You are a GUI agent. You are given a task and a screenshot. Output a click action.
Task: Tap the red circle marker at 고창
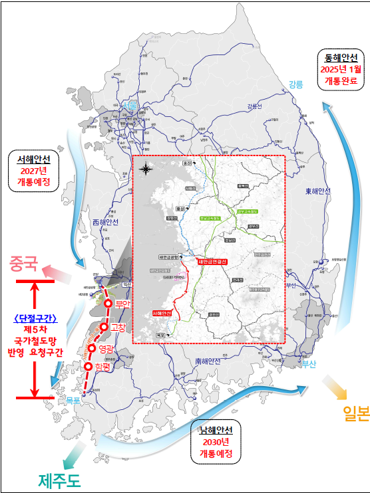click(x=104, y=327)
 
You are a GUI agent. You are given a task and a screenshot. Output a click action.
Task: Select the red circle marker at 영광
click(x=92, y=348)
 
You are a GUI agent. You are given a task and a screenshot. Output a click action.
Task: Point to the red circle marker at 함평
click(x=88, y=365)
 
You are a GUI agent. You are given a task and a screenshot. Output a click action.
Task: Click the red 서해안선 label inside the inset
click(x=162, y=312)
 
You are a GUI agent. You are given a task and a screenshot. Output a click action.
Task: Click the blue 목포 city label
click(x=73, y=399)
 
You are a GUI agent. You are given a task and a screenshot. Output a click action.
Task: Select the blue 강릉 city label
click(x=295, y=84)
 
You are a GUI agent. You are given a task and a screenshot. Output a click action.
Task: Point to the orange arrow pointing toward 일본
click(x=331, y=385)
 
